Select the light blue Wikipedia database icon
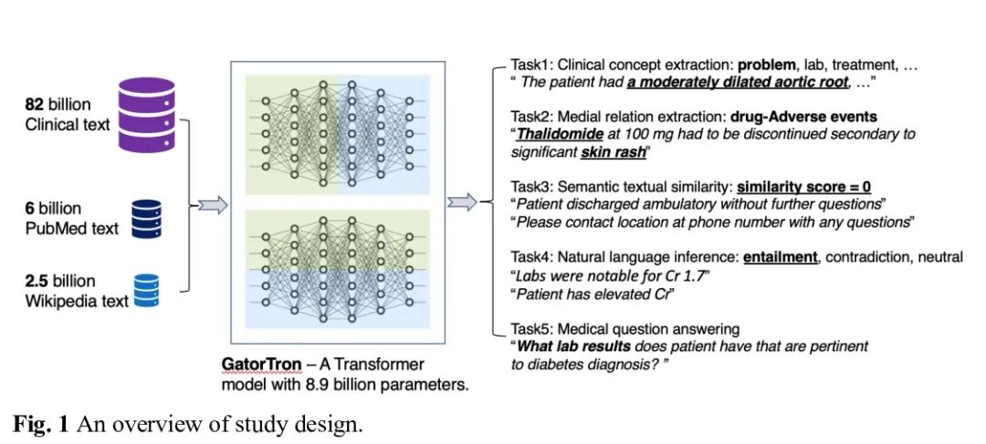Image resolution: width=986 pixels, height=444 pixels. coord(145,292)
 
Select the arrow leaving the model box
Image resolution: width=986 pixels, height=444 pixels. coord(463,202)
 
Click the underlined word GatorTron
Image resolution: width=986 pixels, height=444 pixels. coord(260,365)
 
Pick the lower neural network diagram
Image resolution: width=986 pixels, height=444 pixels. coord(337,270)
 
